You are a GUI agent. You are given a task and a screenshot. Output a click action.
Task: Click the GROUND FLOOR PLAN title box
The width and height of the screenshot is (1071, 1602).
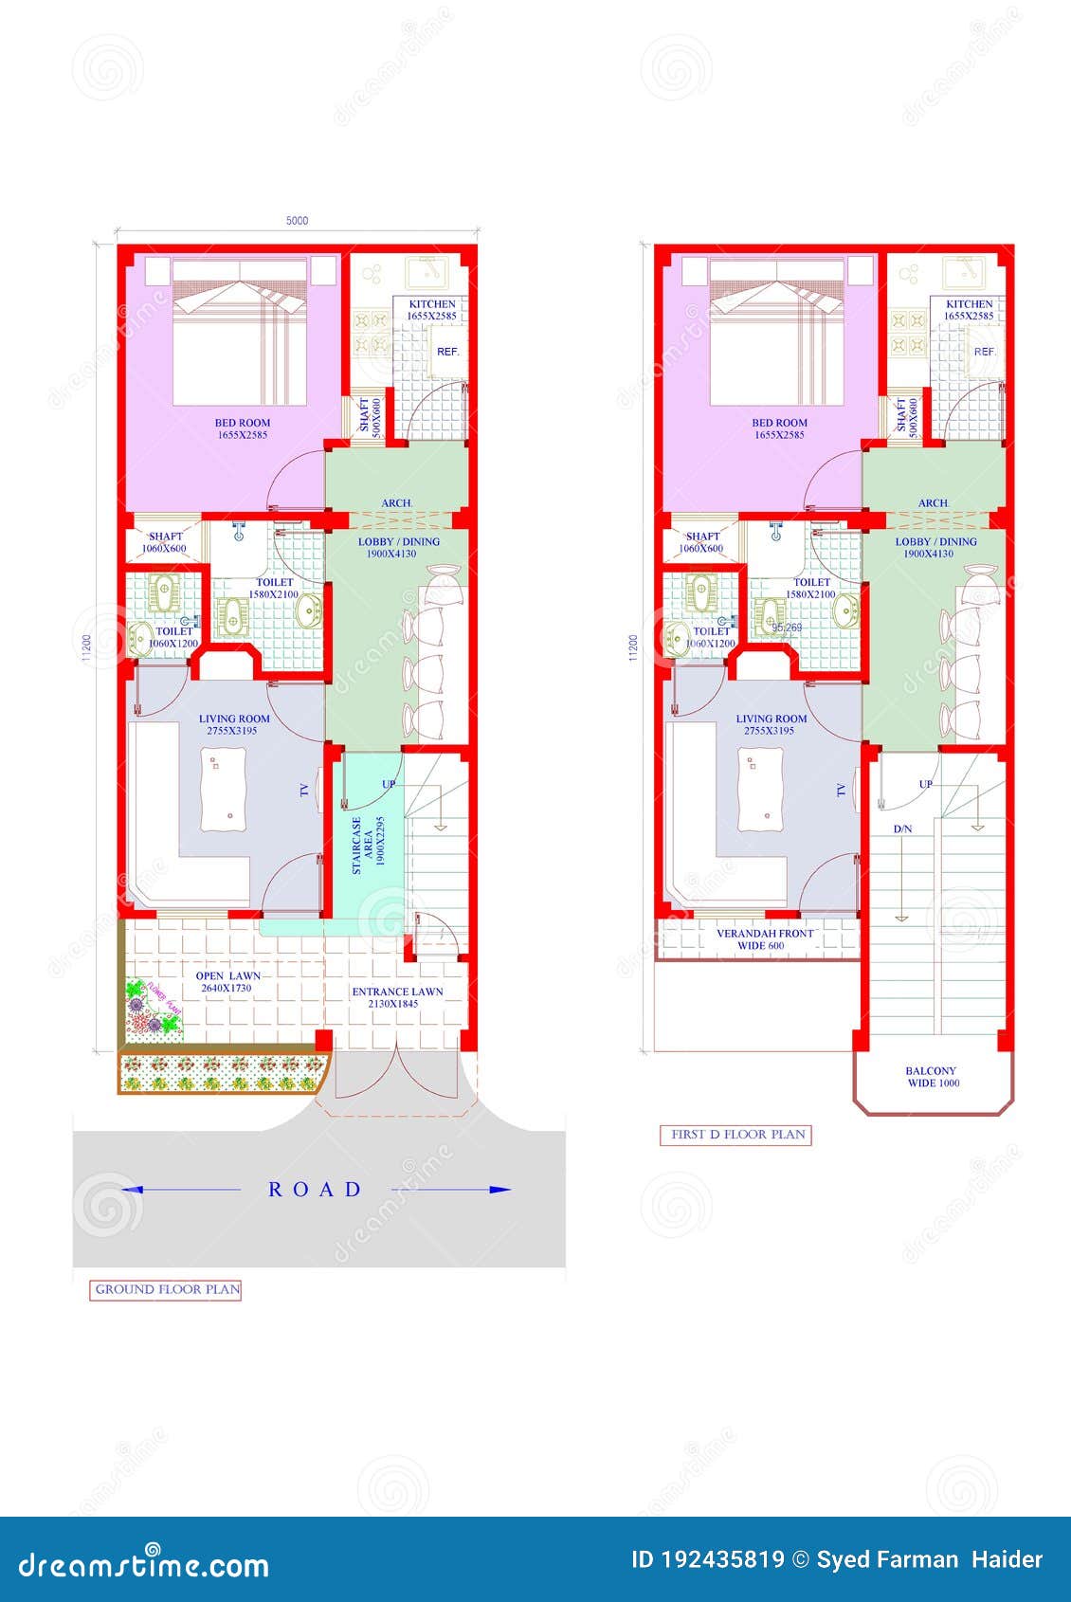pos(166,1289)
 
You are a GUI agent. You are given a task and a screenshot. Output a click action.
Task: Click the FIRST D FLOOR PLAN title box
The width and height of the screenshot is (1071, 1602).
pos(736,1135)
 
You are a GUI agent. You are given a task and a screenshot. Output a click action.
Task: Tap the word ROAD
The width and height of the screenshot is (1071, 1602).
pos(315,1190)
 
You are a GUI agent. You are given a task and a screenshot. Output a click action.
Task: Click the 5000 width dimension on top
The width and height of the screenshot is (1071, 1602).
pos(297,221)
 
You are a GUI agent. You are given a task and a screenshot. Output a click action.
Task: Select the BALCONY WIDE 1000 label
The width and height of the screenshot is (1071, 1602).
pos(933,1077)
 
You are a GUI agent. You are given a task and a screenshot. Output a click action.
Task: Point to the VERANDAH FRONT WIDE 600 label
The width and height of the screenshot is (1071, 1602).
pos(764,939)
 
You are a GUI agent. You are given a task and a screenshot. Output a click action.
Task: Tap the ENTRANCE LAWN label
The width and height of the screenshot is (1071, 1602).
pos(397,997)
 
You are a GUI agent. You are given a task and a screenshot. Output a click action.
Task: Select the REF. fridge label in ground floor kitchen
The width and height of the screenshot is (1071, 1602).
pos(447,352)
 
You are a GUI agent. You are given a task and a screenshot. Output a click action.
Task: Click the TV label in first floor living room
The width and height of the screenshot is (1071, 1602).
pos(841,790)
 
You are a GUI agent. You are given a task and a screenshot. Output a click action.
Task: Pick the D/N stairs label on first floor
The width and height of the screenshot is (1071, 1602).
pos(902,828)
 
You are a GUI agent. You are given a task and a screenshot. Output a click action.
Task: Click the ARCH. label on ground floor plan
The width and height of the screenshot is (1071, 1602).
pos(396,503)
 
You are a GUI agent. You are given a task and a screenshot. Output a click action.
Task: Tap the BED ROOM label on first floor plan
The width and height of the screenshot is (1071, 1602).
pos(779,428)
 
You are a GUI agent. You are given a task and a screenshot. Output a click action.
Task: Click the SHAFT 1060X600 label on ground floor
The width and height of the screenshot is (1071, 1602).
pos(165,542)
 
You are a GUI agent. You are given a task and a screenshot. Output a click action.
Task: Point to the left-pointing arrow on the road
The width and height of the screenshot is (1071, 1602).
pos(133,1190)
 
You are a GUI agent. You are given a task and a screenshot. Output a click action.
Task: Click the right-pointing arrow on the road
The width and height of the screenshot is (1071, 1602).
pos(499,1190)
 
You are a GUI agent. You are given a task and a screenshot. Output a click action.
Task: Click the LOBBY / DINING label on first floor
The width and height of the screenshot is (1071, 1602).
pos(935,548)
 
